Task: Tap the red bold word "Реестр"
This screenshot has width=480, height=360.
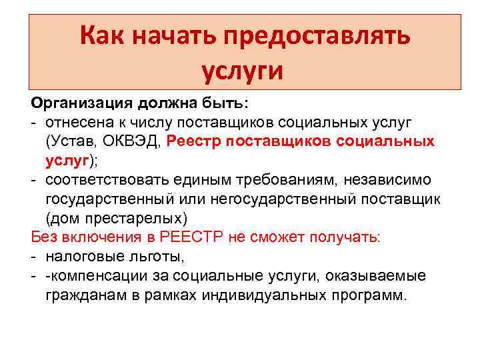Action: [x=194, y=141]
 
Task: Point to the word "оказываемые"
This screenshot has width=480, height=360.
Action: [x=387, y=275]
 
